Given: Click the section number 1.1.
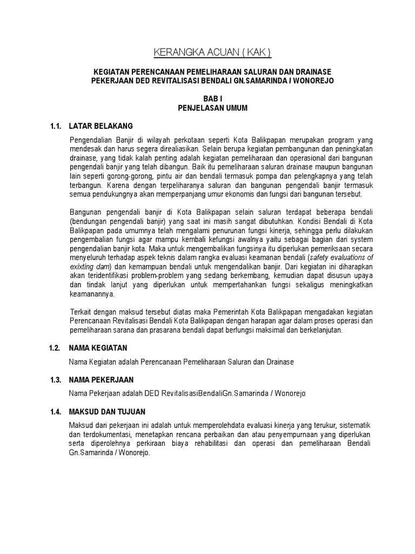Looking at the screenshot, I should click(x=55, y=126).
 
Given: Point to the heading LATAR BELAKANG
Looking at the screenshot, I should click(x=101, y=126).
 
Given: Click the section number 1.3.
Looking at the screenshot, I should click(x=55, y=380).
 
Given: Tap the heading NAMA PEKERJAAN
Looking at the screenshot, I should click(x=101, y=380).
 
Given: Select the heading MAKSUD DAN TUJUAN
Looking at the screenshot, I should click(x=107, y=412).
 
